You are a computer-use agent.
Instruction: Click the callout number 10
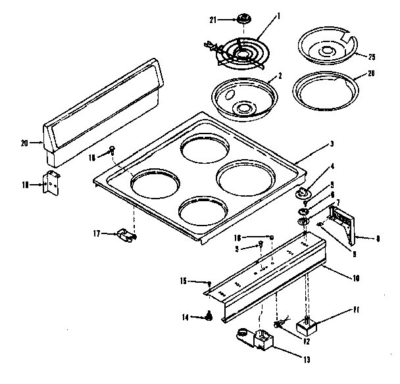tap(356, 279)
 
